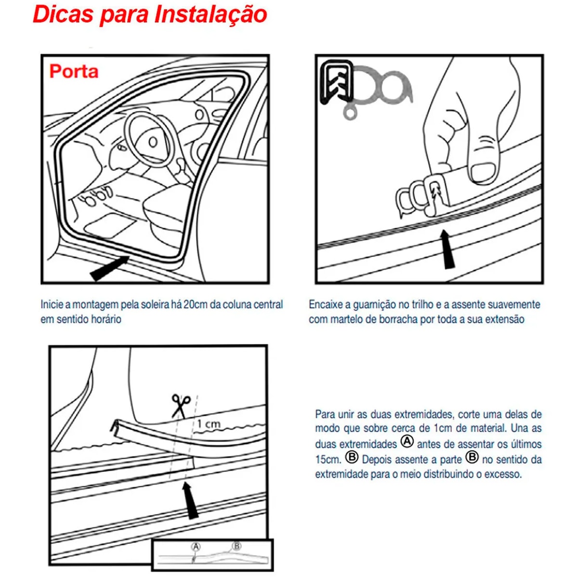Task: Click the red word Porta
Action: [74, 71]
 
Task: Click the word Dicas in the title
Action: [63, 14]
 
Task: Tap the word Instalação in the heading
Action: [210, 14]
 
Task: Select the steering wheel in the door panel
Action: [150, 140]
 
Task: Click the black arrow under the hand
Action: [448, 249]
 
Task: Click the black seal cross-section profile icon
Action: [337, 81]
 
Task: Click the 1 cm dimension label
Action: [209, 424]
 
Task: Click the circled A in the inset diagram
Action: [196, 547]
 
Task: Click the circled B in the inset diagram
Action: [236, 546]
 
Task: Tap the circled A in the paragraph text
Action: [407, 442]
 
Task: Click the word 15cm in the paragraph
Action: [328, 459]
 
